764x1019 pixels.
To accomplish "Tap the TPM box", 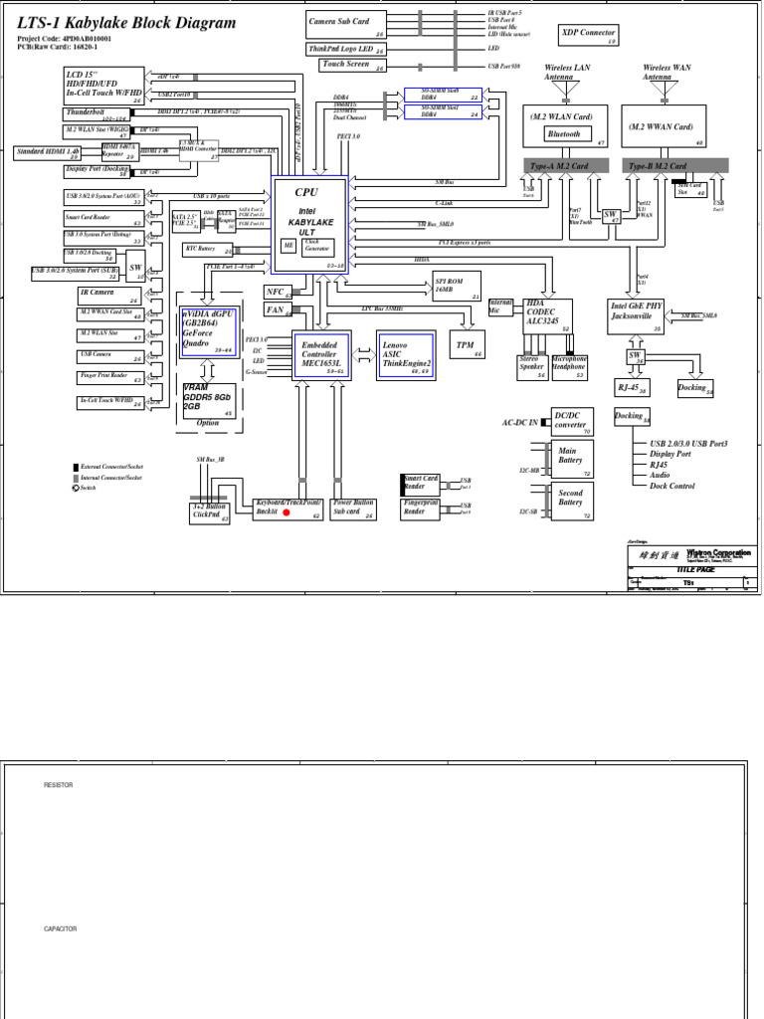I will (466, 345).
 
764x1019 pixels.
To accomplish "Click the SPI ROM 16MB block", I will (456, 285).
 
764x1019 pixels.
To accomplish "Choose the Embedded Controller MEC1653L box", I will (321, 354).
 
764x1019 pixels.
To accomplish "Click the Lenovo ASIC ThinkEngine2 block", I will (406, 353).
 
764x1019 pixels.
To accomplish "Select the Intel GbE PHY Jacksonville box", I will (636, 315).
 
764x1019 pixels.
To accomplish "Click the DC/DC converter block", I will (571, 421).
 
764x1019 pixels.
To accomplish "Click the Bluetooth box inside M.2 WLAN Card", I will (563, 134).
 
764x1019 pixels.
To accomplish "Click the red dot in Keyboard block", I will (286, 513).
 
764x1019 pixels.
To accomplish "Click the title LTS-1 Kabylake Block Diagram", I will (127, 23).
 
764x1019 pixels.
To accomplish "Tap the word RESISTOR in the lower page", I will (58, 786).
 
